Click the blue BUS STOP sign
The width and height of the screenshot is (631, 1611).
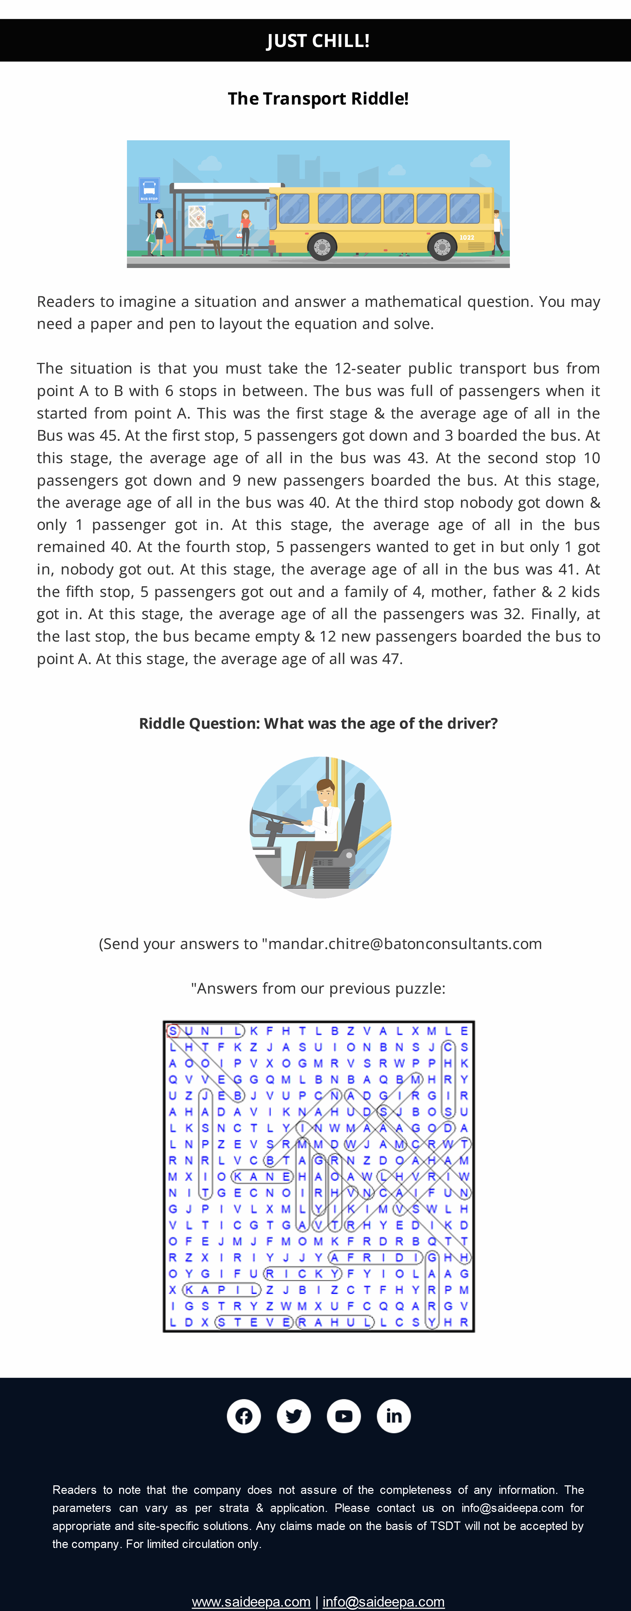(149, 190)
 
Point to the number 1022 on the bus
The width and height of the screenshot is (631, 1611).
(467, 238)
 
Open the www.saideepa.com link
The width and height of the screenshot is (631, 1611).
(251, 1601)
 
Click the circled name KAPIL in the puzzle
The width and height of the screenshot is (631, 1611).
(221, 1290)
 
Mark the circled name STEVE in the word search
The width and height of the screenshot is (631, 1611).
(253, 1322)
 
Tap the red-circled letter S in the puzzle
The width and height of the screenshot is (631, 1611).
(173, 1031)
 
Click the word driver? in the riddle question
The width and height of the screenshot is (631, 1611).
(472, 724)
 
